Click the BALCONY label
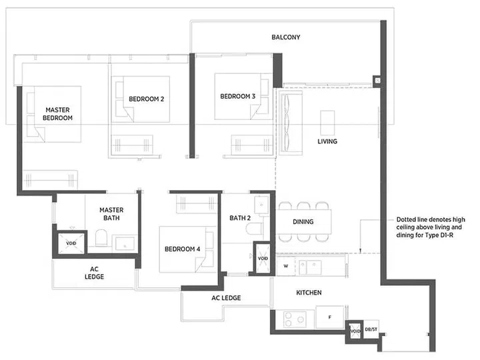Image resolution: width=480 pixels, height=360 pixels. coord(285,37)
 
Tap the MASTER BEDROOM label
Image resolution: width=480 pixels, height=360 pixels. coord(57,113)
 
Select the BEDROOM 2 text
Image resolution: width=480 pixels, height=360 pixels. coord(146,99)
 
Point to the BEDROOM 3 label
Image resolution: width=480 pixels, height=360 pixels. coord(237,97)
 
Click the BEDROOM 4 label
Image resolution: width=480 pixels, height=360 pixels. coord(182,249)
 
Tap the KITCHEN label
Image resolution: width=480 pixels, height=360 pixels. coord(309,293)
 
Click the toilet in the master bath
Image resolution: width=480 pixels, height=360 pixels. coord(100,239)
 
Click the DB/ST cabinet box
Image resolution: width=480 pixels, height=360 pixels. coord(371,329)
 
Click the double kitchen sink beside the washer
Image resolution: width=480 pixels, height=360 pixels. coord(311,267)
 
